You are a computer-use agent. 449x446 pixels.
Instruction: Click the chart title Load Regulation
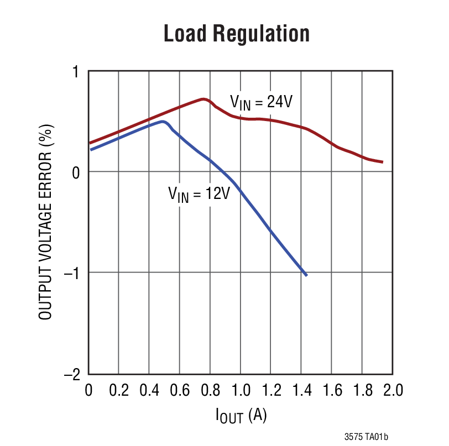pos(236,34)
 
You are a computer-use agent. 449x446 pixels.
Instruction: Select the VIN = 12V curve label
pos(199,195)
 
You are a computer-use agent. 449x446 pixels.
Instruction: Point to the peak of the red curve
pos(204,99)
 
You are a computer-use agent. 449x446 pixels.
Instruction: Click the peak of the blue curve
pos(163,122)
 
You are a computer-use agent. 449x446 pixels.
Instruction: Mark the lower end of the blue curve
pos(306,275)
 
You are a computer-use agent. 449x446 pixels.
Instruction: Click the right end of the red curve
pos(382,162)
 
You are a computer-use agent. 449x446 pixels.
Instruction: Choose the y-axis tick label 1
pos(76,72)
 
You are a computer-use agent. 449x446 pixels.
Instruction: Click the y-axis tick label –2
pos(72,375)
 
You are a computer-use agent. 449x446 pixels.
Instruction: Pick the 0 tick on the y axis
pos(76,172)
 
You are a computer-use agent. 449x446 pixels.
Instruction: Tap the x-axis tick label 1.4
pos(301,391)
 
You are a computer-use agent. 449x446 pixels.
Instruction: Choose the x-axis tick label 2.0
pos(392,391)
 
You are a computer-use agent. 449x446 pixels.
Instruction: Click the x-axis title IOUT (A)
pos(241,416)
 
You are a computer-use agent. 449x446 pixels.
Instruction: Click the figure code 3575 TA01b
pos(366,437)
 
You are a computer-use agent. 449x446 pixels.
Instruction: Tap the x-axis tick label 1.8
pos(362,391)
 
